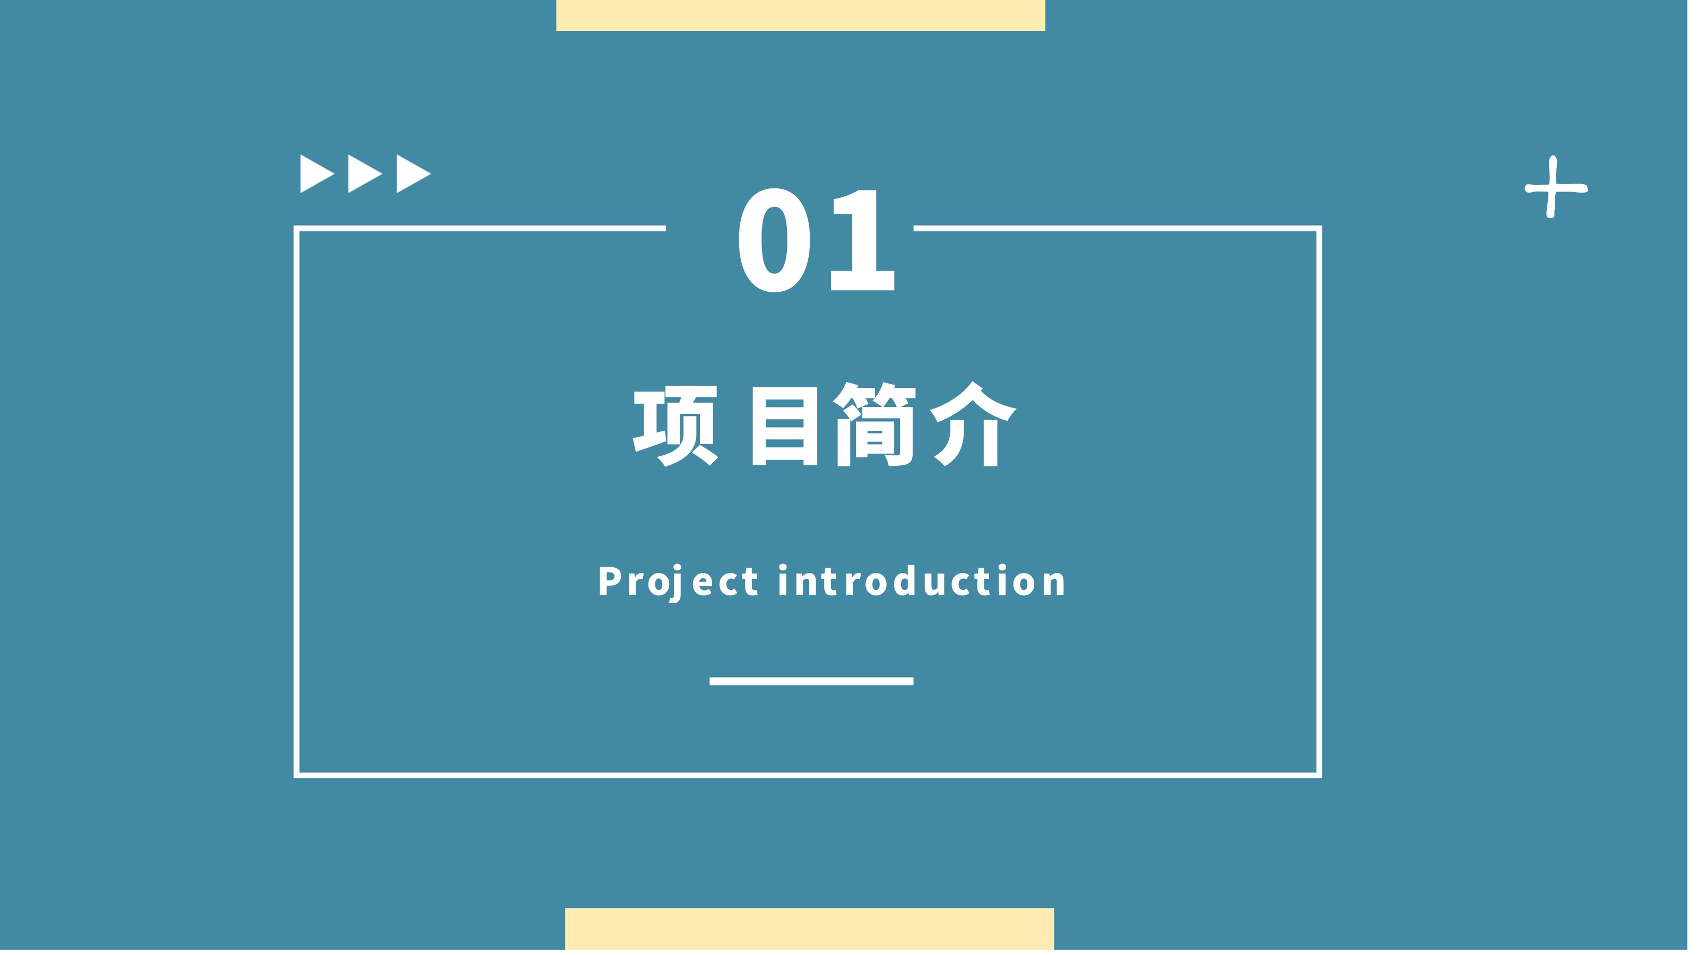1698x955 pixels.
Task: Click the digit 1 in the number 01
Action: pos(869,241)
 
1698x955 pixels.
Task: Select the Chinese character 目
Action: pos(790,428)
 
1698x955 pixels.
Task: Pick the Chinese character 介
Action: pos(979,427)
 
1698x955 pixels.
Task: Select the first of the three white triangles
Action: pos(319,175)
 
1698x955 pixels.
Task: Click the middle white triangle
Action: pos(367,175)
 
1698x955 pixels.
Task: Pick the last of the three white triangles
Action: pos(416,175)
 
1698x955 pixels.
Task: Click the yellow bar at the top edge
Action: pos(805,15)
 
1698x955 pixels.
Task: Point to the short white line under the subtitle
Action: pos(817,685)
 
